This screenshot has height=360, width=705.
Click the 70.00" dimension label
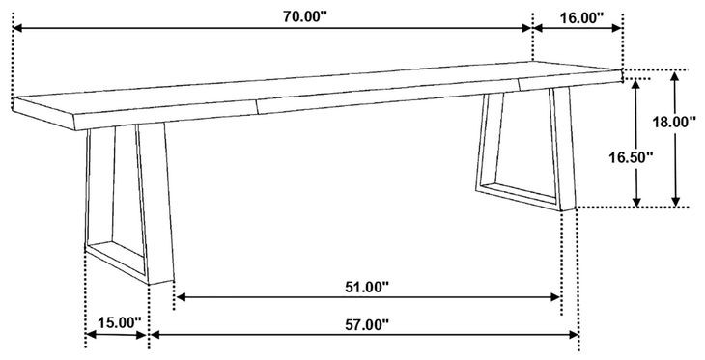click(304, 17)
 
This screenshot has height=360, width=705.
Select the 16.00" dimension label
click(581, 18)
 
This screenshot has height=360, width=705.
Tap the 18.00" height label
click(674, 122)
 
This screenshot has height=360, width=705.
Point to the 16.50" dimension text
click(631, 157)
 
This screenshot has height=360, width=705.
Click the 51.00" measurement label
click(366, 287)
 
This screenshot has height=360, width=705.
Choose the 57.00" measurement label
click(366, 324)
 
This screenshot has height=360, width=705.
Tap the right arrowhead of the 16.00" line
click(619, 28)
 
